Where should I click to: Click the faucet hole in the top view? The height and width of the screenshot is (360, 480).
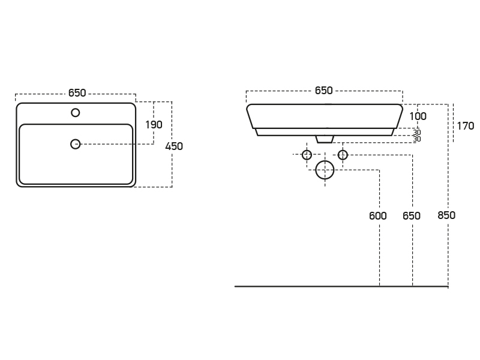[76, 112]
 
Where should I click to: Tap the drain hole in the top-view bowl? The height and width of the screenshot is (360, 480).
[76, 143]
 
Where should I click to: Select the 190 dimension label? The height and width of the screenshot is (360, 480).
[154, 125]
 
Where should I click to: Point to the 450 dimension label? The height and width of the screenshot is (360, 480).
[174, 146]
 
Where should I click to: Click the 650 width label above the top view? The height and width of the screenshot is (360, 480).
[77, 93]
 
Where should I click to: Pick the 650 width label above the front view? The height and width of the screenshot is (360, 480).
[323, 91]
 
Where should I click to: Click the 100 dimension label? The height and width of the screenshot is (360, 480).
[418, 116]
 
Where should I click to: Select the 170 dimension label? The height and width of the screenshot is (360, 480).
[465, 126]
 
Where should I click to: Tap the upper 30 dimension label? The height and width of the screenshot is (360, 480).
[416, 133]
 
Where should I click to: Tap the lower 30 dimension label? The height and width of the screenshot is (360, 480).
[416, 139]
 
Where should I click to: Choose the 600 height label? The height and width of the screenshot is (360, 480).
[378, 216]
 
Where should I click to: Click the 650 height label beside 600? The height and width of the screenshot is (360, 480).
[412, 216]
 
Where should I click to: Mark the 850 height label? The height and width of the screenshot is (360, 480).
[446, 216]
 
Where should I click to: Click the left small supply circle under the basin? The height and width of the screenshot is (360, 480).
[307, 155]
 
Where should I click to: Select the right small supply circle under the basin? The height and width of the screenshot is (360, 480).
[343, 155]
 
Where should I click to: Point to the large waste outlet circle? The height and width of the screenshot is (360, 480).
[325, 170]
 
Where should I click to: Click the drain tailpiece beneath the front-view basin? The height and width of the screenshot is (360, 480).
[325, 139]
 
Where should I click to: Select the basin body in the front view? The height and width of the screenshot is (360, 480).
[325, 116]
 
